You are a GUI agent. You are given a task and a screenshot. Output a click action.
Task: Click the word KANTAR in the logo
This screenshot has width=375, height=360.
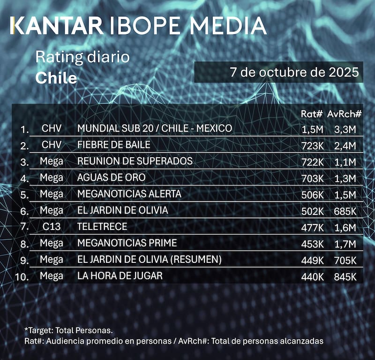(56, 26)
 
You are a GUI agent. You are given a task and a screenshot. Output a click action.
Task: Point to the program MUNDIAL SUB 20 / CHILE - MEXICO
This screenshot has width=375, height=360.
(154, 128)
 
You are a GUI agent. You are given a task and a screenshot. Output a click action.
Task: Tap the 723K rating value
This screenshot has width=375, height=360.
(313, 146)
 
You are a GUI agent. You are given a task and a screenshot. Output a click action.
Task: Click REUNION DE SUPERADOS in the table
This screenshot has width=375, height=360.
(135, 161)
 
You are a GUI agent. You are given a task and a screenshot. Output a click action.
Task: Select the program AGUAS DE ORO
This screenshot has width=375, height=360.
(111, 177)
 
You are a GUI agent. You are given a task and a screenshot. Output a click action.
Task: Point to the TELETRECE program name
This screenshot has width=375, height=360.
(102, 227)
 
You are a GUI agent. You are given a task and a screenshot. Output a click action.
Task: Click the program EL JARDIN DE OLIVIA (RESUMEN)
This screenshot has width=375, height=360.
(149, 260)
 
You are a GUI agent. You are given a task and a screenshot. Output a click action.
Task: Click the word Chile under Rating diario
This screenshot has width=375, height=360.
(56, 78)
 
